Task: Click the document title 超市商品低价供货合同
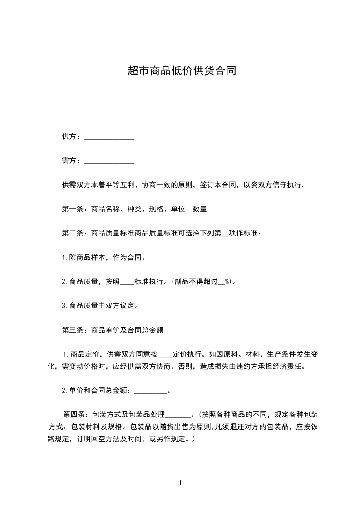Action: click(182, 71)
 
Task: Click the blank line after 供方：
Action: click(109, 137)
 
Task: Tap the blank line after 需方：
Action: click(109, 161)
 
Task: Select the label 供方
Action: click(69, 137)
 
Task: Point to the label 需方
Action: click(69, 161)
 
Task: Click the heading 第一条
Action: click(71, 209)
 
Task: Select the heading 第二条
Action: click(71, 233)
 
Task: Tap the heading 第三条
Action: click(71, 330)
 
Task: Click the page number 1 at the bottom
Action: click(180, 483)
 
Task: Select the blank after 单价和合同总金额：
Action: click(151, 391)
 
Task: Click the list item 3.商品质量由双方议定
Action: click(100, 306)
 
